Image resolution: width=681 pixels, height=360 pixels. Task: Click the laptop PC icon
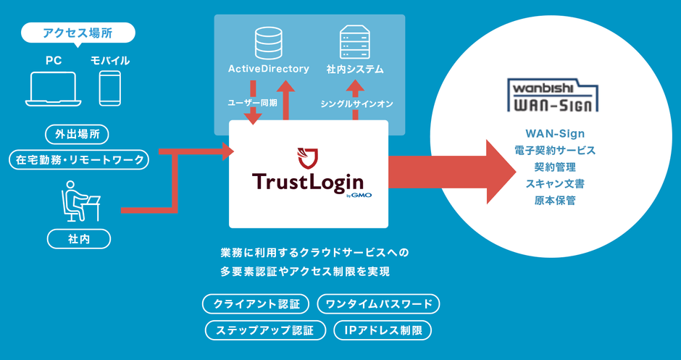point(51,88)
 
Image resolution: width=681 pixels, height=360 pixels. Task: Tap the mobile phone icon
point(110,88)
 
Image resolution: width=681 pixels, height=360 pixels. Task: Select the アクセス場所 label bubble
point(78,33)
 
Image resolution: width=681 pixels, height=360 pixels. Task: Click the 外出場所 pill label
point(78,133)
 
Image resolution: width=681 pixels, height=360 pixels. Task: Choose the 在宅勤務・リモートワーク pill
point(78,159)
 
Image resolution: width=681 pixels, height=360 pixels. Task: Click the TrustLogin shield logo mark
point(308,156)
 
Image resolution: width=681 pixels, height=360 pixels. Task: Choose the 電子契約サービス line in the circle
point(555,150)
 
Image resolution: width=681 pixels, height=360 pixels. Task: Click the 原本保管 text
point(555,200)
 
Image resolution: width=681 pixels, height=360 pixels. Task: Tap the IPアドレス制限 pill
point(383,330)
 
